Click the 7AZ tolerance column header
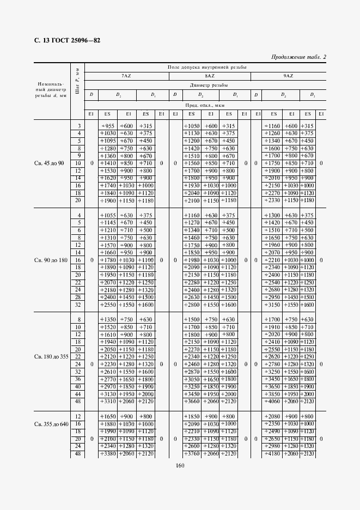tap(126, 76)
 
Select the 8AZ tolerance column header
tap(209, 76)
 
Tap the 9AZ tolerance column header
tap(288, 76)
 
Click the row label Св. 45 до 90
tap(50, 163)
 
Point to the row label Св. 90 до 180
tap(50, 260)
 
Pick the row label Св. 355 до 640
tap(50, 424)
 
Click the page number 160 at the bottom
tap(180, 465)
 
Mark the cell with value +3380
tap(108, 453)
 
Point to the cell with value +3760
tap(192, 453)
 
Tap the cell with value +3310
tap(108, 402)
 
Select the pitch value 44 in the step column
tap(78, 394)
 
